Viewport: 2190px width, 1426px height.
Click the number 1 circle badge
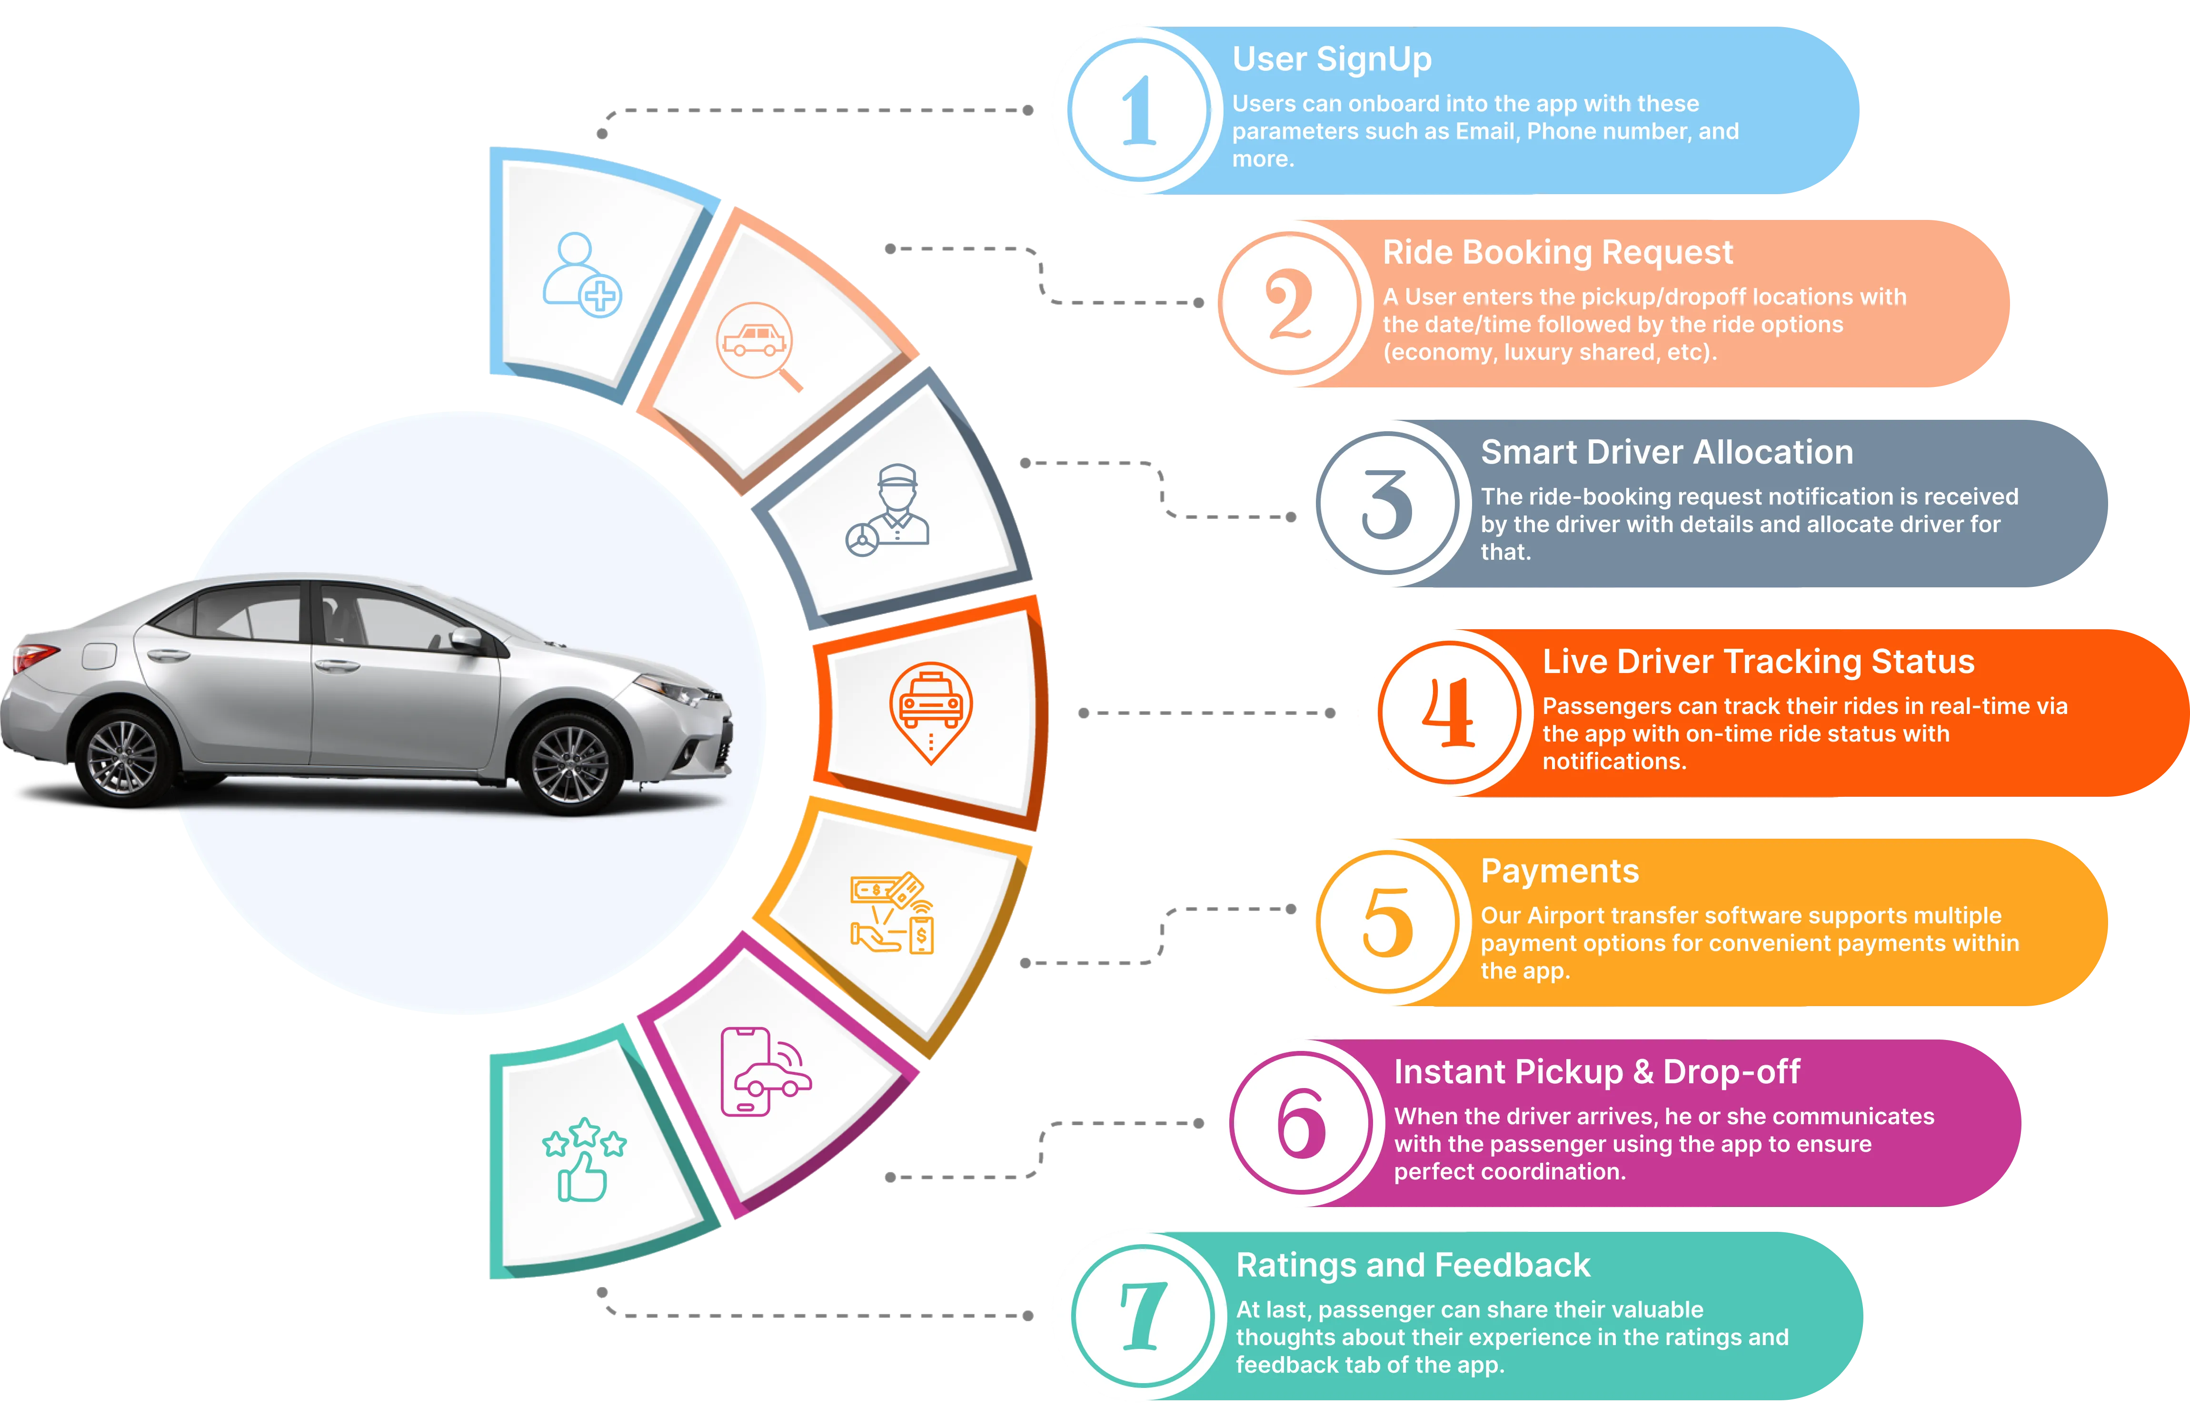pos(1139,110)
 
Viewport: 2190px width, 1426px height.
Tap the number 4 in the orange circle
pos(1449,713)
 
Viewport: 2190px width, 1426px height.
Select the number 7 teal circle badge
pos(1143,1316)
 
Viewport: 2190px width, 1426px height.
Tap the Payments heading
pos(1560,871)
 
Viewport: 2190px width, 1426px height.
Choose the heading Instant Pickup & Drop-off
pos(1596,1072)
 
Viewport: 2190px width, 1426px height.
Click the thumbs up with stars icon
pos(583,1159)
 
